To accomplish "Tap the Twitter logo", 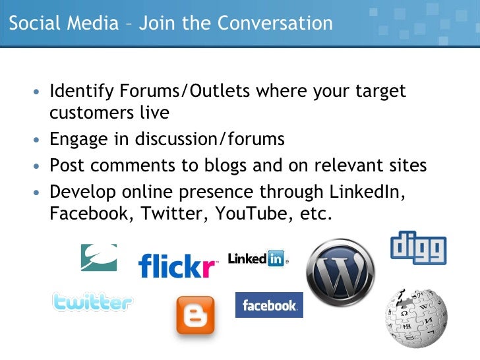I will (92, 302).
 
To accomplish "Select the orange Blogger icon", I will (195, 315).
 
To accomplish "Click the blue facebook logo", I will (269, 305).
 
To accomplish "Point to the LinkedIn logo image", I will (257, 258).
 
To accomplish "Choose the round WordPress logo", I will (340, 272).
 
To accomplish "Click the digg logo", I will (418, 248).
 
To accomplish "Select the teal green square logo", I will (99, 257).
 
